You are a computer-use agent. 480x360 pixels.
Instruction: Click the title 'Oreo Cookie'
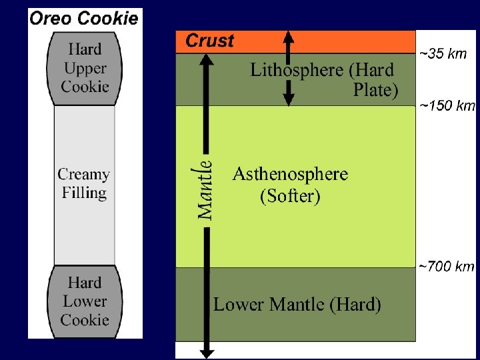[84, 19]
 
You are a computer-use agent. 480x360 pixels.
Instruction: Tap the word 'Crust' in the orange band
[210, 41]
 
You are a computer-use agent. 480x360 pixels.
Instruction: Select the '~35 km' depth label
[443, 54]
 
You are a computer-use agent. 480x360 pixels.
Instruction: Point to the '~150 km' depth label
[447, 106]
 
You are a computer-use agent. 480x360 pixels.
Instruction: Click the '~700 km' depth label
[446, 267]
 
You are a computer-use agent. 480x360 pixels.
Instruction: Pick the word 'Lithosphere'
[296, 70]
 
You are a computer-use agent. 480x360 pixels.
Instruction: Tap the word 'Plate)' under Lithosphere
[375, 90]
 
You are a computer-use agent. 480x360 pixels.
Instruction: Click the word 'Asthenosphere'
[290, 174]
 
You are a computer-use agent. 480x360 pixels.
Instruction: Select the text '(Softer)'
[290, 196]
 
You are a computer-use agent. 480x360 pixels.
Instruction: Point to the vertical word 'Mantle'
[205, 190]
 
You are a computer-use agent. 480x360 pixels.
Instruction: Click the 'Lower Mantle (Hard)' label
[297, 304]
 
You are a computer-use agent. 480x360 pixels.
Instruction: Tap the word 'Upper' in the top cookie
[85, 68]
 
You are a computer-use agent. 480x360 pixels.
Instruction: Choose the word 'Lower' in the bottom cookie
[85, 301]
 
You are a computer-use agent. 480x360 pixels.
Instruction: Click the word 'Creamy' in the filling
[83, 175]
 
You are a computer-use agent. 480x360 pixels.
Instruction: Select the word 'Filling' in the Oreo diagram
[85, 193]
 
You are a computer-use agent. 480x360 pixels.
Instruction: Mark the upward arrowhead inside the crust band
[289, 37]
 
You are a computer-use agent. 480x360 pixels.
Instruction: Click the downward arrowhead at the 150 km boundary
[289, 99]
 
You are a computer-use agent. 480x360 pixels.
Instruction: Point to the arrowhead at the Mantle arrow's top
[206, 60]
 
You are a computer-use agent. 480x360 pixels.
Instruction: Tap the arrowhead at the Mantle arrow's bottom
[207, 353]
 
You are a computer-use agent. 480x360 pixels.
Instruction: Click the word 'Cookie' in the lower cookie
[85, 320]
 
